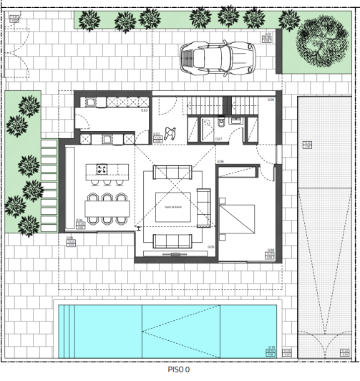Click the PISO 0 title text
[x=179, y=370]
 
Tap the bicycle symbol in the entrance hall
[x=171, y=132]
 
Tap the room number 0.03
[x=144, y=110]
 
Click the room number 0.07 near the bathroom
[x=218, y=138]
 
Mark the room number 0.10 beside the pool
[x=271, y=347]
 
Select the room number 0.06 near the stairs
[x=271, y=100]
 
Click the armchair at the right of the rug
[x=203, y=206]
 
